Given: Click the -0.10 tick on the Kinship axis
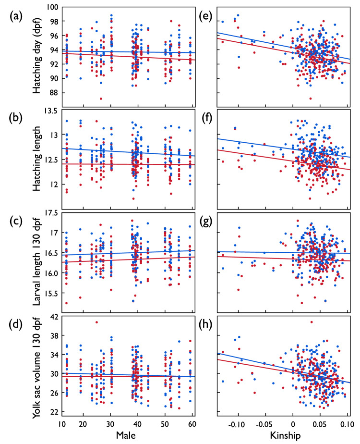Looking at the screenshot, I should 236,425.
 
